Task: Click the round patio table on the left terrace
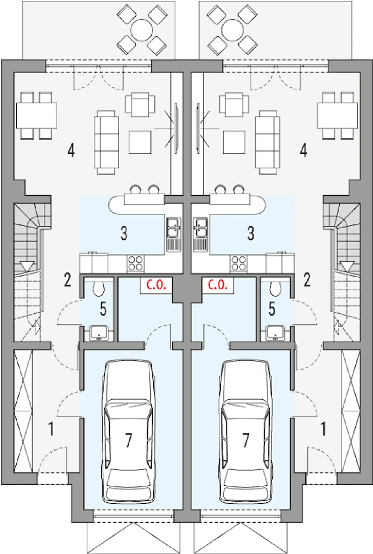[141, 30]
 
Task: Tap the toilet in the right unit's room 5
[275, 288]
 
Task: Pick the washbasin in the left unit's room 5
[99, 333]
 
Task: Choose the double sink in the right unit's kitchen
[200, 234]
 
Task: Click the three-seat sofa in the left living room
[106, 142]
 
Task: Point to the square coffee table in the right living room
[234, 142]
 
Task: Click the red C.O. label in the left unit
[156, 285]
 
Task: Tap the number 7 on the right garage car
[246, 440]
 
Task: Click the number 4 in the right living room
[303, 151]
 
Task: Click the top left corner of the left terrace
[22, 1]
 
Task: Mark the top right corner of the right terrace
[352, 1]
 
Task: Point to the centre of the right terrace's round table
[233, 30]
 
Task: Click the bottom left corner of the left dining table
[16, 128]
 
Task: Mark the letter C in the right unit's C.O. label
[210, 285]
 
